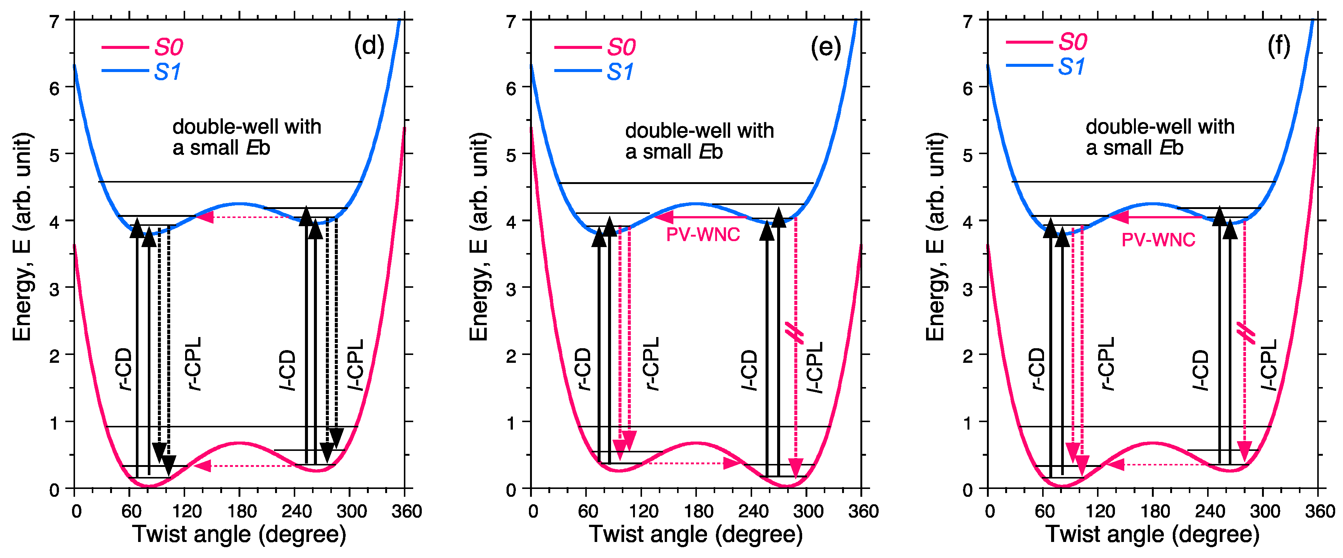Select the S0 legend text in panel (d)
[x=168, y=47]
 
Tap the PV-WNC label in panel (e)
[x=703, y=235]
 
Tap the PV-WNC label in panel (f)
[x=1158, y=240]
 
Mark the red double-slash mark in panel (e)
[x=795, y=333]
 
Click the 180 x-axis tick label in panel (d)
[x=242, y=511]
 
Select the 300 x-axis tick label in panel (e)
[x=808, y=511]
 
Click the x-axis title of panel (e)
[x=695, y=534]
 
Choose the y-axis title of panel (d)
[x=22, y=237]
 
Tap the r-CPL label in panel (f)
[x=1106, y=364]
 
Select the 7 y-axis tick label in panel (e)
[x=511, y=22]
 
